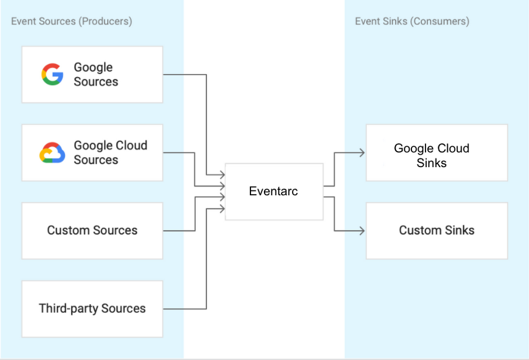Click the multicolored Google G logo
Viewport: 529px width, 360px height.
(x=52, y=74)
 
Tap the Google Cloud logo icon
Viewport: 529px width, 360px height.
(x=52, y=152)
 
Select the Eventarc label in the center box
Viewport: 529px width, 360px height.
(x=273, y=191)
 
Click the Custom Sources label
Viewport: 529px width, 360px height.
(x=92, y=231)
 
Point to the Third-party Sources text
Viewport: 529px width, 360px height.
(x=92, y=309)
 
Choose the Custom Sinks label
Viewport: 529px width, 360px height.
(x=437, y=231)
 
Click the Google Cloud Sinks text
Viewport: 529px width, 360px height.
(x=431, y=155)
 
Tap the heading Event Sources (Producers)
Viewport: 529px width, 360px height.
(x=72, y=21)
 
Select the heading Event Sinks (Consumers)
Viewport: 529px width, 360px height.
(x=412, y=21)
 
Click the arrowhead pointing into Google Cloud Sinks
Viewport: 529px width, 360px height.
(x=362, y=152)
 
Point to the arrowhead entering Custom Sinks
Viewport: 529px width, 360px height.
(x=362, y=231)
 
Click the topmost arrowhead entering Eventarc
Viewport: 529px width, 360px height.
(x=222, y=175)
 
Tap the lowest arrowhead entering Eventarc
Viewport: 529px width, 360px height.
(x=222, y=209)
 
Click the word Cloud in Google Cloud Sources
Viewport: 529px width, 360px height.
(x=130, y=145)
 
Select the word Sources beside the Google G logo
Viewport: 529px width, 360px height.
(x=96, y=82)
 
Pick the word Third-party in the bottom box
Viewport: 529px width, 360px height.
(x=69, y=309)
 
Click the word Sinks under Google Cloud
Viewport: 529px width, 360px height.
(x=431, y=163)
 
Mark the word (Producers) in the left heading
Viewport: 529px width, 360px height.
(x=105, y=21)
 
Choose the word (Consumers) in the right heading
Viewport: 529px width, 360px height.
(x=440, y=21)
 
